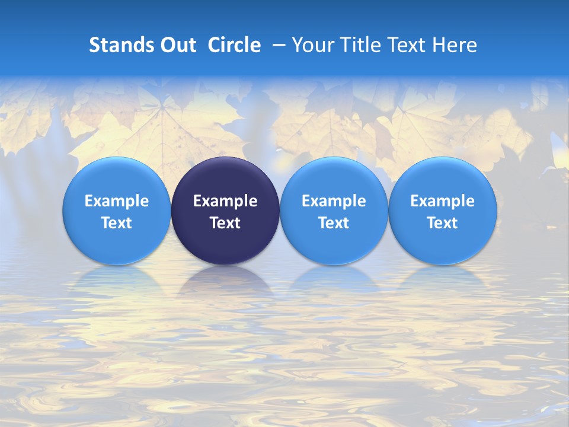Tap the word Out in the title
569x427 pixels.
coord(177,45)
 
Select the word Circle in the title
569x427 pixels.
coord(234,45)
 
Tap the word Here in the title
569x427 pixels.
coord(456,45)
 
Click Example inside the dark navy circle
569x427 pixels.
coord(225,201)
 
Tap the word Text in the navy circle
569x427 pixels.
coord(225,223)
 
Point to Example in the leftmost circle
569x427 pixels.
coord(116,201)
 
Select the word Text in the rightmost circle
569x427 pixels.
coord(443,223)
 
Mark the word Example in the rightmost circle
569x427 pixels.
coord(443,201)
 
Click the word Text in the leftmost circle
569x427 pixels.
coord(116,223)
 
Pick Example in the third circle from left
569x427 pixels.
coord(334,201)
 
